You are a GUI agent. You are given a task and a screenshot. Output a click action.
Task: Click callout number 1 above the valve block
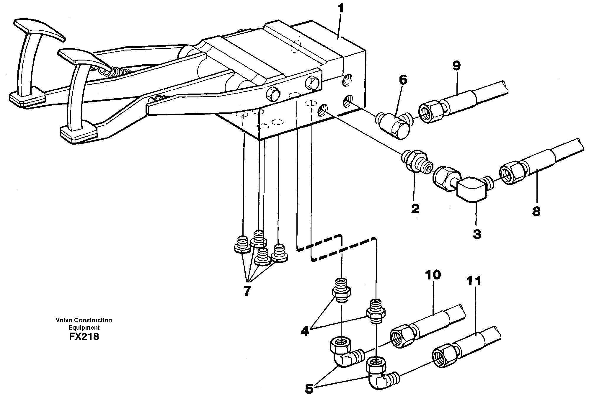(341, 9)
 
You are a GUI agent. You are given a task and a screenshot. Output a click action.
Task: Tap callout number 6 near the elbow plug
(403, 80)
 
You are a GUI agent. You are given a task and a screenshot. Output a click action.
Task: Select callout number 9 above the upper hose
(456, 66)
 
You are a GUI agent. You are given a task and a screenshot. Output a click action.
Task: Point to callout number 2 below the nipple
(415, 209)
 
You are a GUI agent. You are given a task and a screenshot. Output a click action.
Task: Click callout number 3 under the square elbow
(477, 234)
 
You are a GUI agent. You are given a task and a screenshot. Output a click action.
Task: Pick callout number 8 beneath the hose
(536, 211)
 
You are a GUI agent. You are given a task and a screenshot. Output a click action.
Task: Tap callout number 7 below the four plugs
(247, 291)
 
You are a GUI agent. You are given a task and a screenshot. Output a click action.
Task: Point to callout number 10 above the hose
(433, 275)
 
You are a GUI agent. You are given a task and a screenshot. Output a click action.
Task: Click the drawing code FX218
(84, 337)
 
